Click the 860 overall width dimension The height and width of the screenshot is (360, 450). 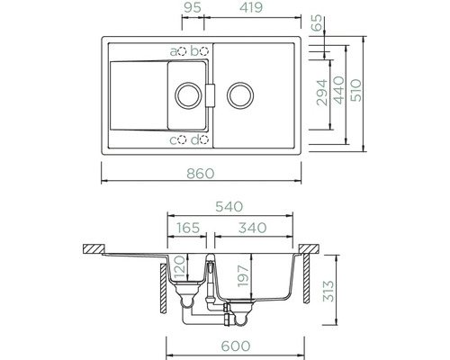point(201,174)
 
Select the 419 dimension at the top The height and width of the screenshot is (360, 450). point(251,7)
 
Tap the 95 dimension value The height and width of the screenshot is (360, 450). point(193,7)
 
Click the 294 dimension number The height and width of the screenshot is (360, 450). point(322,93)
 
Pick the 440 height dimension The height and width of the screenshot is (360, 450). point(339,90)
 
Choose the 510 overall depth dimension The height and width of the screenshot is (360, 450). point(356,90)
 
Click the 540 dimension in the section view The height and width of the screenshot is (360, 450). point(229,207)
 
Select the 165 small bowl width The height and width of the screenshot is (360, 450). point(188,228)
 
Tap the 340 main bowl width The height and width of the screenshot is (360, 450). point(252,228)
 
